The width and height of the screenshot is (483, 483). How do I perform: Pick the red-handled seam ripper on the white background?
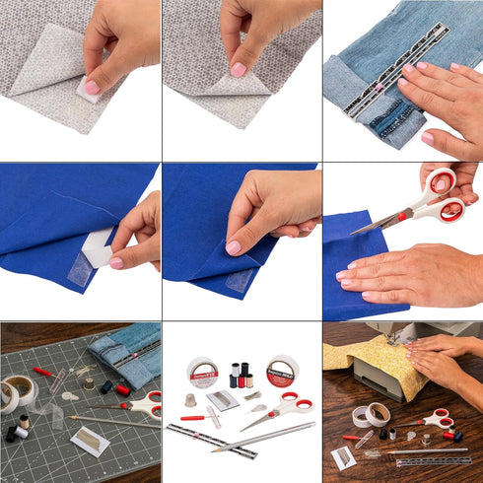pyautogui.click(x=194, y=418)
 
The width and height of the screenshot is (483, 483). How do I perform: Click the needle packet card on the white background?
pyautogui.click(x=221, y=399)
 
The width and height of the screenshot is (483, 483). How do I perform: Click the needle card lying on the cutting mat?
pyautogui.click(x=89, y=440)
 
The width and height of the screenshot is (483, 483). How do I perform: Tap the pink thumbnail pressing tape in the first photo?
pyautogui.click(x=92, y=87)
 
